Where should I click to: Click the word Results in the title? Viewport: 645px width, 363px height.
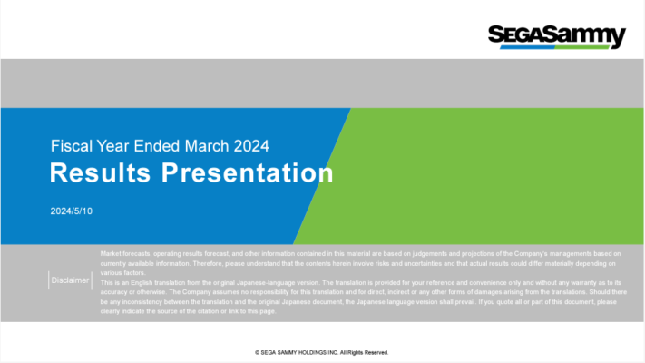tap(100, 172)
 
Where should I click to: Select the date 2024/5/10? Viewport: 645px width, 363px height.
tap(72, 211)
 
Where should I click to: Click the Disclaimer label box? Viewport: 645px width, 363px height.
tap(70, 280)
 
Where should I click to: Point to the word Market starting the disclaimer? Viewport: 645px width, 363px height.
tap(112, 253)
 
